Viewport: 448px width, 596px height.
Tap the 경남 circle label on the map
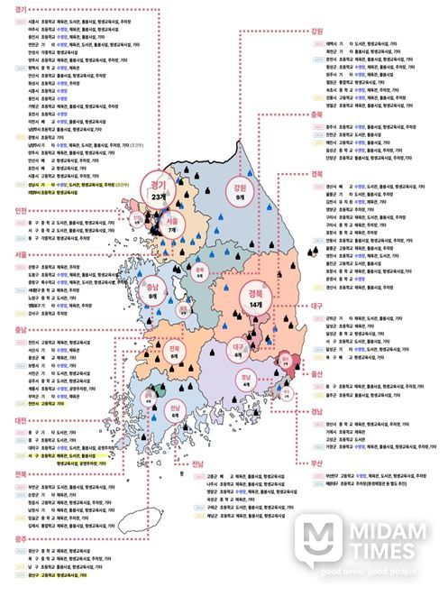(246, 381)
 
